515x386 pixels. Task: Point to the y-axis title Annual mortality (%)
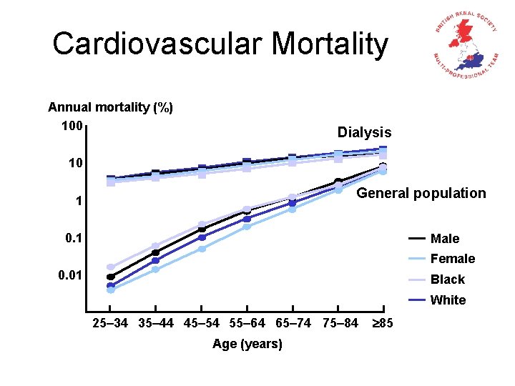pos(110,107)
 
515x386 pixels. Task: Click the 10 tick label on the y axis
pos(75,164)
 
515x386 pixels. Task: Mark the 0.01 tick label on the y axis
pos(72,275)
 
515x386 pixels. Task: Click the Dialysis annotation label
pos(364,132)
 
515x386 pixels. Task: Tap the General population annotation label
pos(421,193)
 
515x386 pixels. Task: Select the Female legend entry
pos(452,259)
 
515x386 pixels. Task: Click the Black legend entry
pos(448,279)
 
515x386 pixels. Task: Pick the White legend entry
pos(448,300)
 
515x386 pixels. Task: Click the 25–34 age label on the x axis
pos(110,323)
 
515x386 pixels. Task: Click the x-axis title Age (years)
pos(247,345)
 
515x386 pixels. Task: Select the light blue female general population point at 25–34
pos(111,289)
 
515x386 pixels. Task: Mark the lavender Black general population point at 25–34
pos(111,267)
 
